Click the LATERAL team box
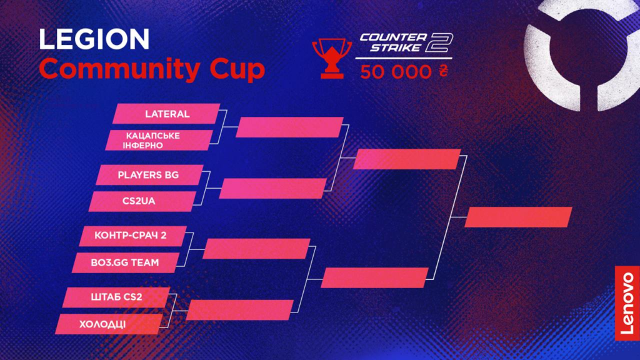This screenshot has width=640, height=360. (166, 114)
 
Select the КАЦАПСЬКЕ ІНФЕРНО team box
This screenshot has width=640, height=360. (159, 141)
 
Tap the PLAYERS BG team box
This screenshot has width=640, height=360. (149, 175)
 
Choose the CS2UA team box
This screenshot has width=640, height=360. (142, 202)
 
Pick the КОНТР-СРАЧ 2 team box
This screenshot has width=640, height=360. (132, 236)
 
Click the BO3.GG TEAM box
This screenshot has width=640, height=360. (126, 263)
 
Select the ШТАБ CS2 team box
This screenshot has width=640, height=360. (116, 297)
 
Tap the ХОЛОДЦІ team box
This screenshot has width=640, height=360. (109, 324)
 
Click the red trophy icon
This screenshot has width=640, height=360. (331, 57)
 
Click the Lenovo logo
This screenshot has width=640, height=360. (627, 303)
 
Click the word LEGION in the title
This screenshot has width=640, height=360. (94, 39)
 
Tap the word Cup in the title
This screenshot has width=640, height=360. (237, 69)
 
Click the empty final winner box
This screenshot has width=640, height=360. (518, 217)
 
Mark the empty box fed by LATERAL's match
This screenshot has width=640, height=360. (289, 127)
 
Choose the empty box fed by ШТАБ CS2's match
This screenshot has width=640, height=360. (239, 310)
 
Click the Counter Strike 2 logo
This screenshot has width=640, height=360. (406, 43)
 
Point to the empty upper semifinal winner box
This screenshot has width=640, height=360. (407, 159)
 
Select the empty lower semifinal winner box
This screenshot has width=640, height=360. (375, 278)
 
